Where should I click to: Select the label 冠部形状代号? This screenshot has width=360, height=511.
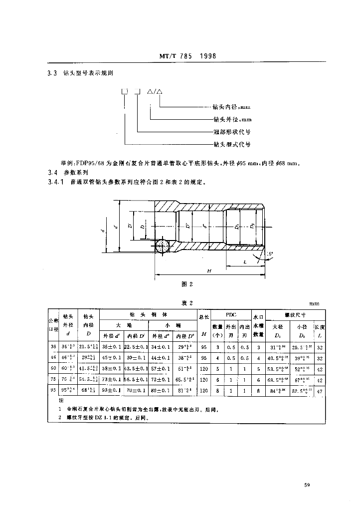[231, 132]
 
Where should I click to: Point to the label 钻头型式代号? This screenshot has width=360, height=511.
[231, 145]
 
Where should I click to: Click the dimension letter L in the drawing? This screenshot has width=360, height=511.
[245, 261]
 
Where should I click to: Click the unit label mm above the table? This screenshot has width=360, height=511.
[314, 303]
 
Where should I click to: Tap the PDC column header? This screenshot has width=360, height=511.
[230, 315]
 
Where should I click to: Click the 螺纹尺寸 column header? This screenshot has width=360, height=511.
[295, 315]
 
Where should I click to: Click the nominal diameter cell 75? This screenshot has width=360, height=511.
[53, 379]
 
